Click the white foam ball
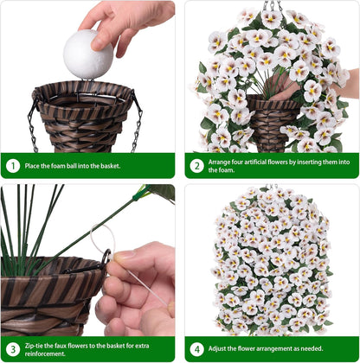(x=88, y=54)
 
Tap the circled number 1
(x=13, y=166)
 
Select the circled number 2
(x=197, y=166)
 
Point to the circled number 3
(x=13, y=349)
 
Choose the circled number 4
(x=197, y=349)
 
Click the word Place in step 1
(x=31, y=166)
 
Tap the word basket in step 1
(x=110, y=166)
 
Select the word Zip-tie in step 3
(x=34, y=346)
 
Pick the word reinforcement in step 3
(x=45, y=353)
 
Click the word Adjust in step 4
(x=217, y=348)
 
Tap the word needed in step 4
(x=312, y=348)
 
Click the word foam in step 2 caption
(x=225, y=170)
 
